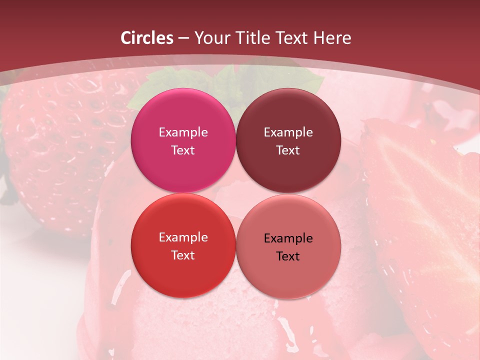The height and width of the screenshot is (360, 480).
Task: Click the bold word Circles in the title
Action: click(147, 38)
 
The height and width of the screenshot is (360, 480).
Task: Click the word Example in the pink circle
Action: click(183, 132)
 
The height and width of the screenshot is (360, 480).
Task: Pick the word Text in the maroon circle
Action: click(288, 150)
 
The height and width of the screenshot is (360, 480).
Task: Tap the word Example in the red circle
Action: click(183, 237)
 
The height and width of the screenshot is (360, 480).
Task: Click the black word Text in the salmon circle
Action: click(288, 256)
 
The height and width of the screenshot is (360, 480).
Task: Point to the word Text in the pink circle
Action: click(183, 150)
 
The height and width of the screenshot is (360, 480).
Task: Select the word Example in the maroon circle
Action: click(288, 132)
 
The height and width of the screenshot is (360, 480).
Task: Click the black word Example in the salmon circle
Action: click(288, 238)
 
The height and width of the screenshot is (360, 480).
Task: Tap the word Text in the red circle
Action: click(183, 255)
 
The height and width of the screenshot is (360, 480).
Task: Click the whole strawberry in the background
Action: click(55, 150)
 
